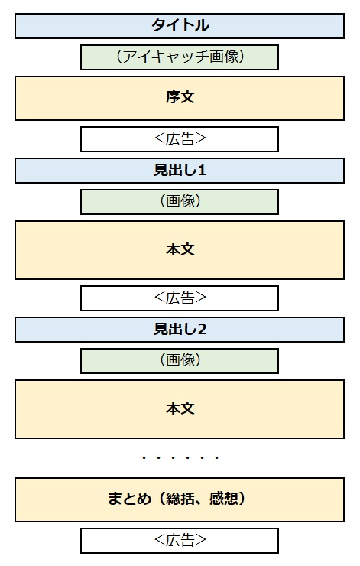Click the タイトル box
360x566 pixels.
180,26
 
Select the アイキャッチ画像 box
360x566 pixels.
180,57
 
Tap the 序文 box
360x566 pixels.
180,98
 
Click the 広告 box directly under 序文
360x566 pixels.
180,139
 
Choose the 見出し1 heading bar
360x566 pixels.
180,171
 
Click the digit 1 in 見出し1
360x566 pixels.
202,171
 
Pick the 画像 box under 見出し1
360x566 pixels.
180,202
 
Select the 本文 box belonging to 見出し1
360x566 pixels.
180,250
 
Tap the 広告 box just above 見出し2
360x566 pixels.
180,298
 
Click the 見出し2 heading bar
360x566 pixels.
180,330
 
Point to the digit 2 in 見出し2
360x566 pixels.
202,329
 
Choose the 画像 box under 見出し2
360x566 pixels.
180,361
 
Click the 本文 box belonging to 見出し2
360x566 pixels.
180,409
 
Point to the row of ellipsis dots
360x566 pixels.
180,458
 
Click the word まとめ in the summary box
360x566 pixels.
129,499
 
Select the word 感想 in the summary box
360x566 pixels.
224,499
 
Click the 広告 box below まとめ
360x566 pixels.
180,541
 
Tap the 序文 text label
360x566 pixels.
180,97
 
